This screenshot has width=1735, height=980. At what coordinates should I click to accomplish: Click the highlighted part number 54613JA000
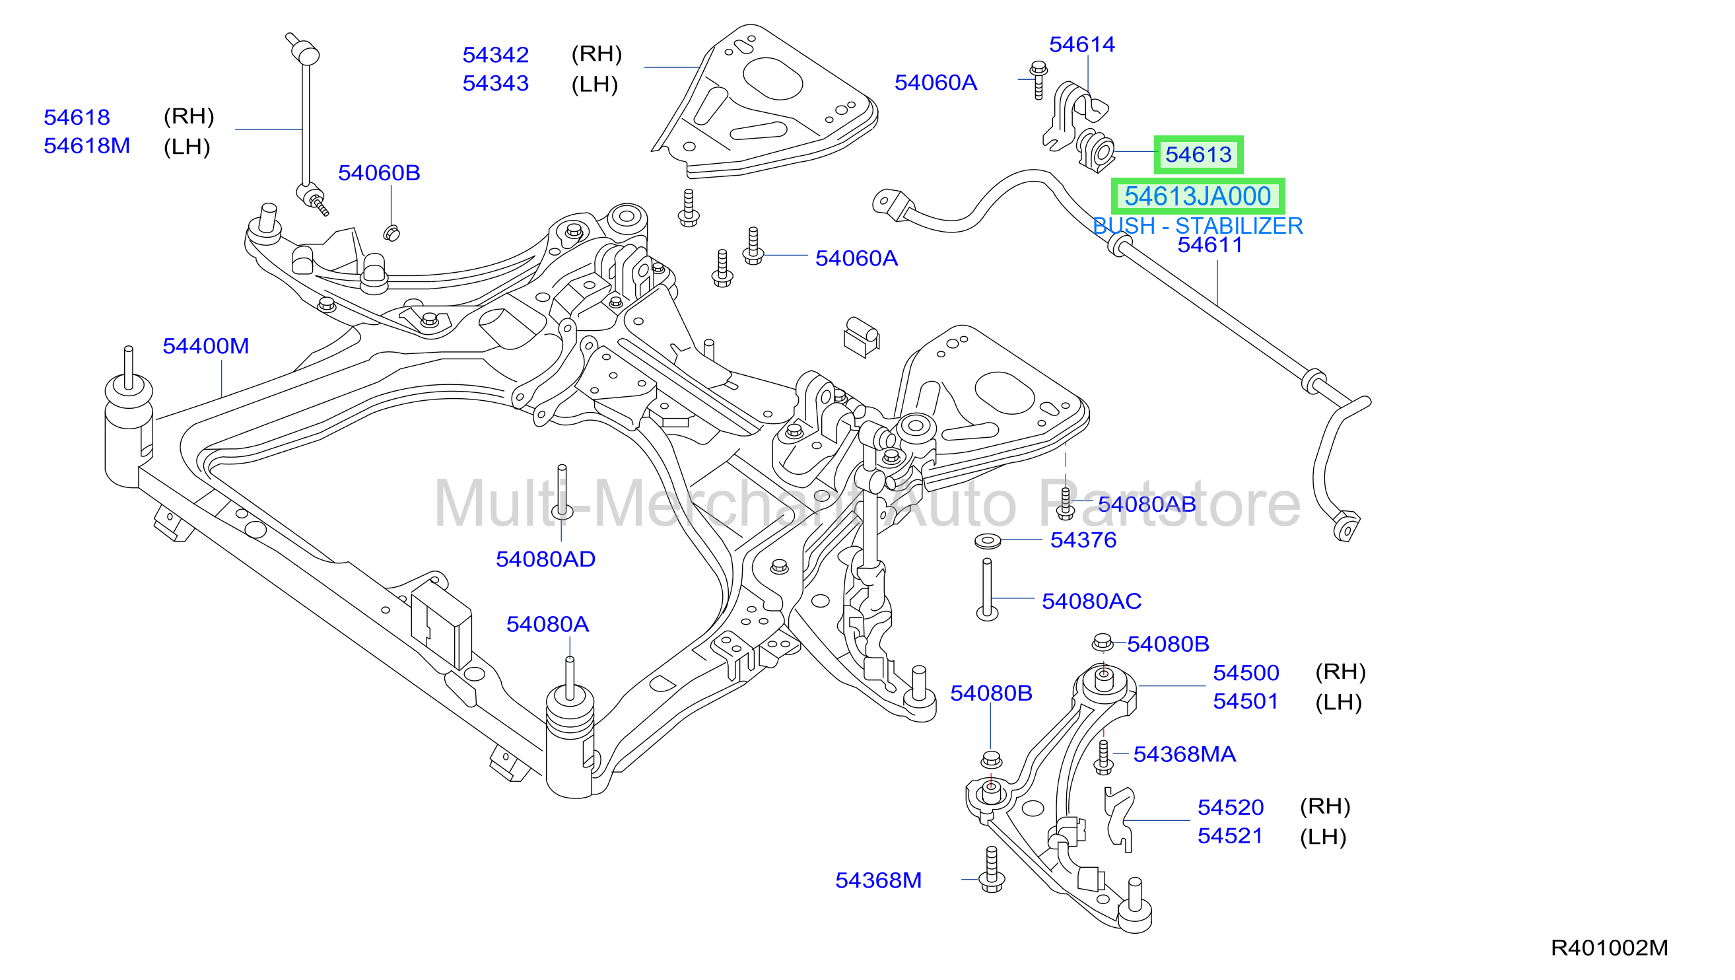(x=1197, y=197)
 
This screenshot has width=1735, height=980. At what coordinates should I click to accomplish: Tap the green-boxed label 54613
(x=1198, y=155)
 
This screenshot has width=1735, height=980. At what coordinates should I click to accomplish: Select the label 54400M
(x=205, y=346)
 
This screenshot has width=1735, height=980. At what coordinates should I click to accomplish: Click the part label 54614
(x=1081, y=44)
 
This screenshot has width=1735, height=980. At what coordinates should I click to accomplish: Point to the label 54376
(x=1083, y=540)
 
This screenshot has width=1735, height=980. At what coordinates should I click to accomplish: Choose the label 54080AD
(x=545, y=559)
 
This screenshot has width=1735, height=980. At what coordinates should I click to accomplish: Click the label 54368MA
(x=1184, y=754)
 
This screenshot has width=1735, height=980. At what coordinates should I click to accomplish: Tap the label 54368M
(x=878, y=880)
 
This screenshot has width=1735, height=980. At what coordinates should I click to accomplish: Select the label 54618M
(x=87, y=146)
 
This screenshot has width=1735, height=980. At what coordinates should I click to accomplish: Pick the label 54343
(x=496, y=83)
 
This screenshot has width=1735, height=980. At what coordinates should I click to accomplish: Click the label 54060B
(x=379, y=173)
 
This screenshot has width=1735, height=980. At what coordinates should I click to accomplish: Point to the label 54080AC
(x=1092, y=602)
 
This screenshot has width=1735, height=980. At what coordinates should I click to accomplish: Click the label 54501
(x=1245, y=701)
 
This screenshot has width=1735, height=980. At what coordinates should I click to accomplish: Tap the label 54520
(x=1231, y=808)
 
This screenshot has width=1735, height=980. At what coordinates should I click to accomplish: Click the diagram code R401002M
(x=1609, y=948)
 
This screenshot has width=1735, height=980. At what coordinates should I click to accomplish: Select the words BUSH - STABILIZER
(x=1198, y=226)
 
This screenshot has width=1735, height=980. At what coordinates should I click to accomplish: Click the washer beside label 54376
(x=988, y=540)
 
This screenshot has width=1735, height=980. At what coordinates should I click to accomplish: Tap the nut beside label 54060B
(x=391, y=234)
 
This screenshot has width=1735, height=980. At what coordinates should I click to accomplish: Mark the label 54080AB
(x=1146, y=505)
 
